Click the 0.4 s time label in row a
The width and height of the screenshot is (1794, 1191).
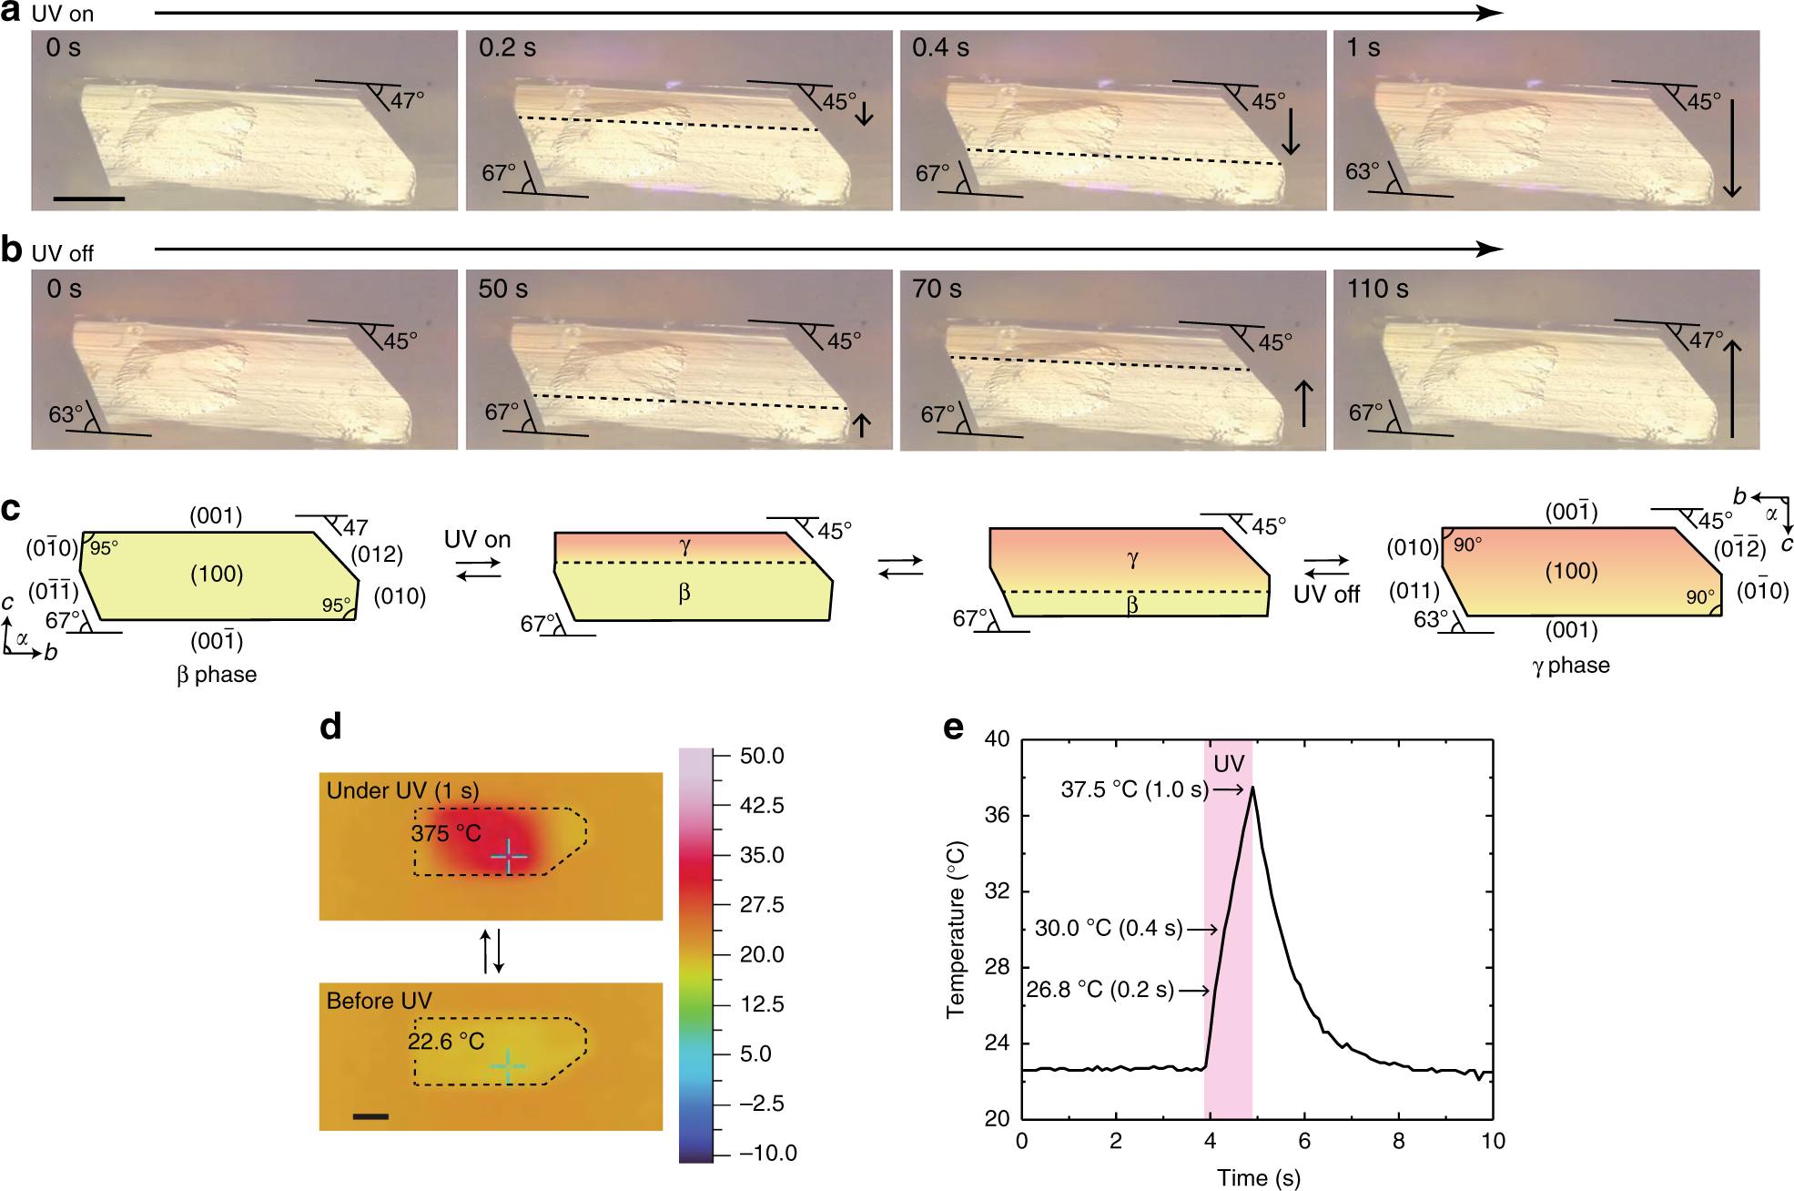click(940, 48)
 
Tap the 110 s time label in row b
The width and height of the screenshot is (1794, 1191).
click(1377, 290)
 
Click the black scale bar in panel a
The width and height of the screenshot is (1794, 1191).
click(88, 198)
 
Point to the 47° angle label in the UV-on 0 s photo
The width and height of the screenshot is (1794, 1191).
click(407, 99)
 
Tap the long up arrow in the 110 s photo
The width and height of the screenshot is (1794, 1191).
click(1731, 389)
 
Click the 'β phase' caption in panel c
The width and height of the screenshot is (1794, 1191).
click(217, 675)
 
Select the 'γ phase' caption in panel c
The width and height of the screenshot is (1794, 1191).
click(1570, 666)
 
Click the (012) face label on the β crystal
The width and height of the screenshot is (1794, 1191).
click(376, 555)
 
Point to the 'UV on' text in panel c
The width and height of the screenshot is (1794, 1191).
click(477, 540)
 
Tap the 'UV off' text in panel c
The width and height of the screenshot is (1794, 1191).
click(1326, 595)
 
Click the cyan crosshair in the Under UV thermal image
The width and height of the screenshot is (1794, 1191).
click(509, 856)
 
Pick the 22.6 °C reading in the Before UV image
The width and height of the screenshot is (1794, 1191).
click(446, 1041)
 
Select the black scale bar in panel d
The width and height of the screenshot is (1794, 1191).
click(370, 1115)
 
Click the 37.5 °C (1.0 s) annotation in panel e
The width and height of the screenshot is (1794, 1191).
click(1134, 789)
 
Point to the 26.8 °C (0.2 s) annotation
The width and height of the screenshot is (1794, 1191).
click(1100, 990)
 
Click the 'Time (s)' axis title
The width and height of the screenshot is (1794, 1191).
click(1258, 1177)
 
